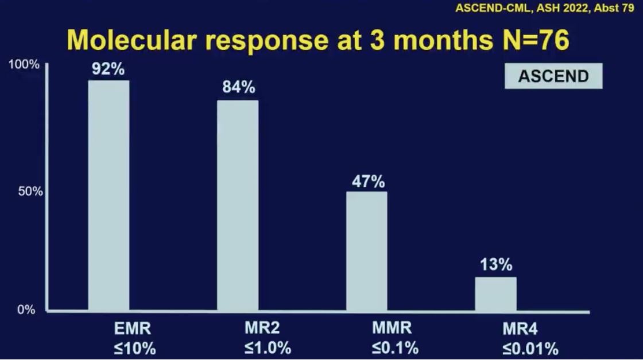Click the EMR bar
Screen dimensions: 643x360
[109, 195]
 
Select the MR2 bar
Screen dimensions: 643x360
[238, 206]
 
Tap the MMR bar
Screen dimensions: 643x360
[367, 251]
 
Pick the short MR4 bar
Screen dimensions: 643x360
[496, 293]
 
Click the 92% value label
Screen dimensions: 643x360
[109, 69]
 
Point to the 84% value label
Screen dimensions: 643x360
[239, 87]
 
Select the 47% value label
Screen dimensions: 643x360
[368, 181]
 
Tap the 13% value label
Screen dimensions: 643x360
[496, 265]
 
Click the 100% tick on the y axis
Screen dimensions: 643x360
[24, 64]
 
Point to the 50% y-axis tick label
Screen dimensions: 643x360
[30, 191]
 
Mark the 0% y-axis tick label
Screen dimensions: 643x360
[26, 309]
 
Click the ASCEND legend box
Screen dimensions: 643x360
[553, 76]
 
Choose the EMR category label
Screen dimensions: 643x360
[133, 328]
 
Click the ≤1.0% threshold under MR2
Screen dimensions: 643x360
[268, 348]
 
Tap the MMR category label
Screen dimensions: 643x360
[392, 328]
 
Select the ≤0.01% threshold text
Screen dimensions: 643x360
[530, 349]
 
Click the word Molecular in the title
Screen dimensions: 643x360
[131, 40]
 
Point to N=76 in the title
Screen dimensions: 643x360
[536, 40]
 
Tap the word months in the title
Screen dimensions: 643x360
[443, 40]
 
